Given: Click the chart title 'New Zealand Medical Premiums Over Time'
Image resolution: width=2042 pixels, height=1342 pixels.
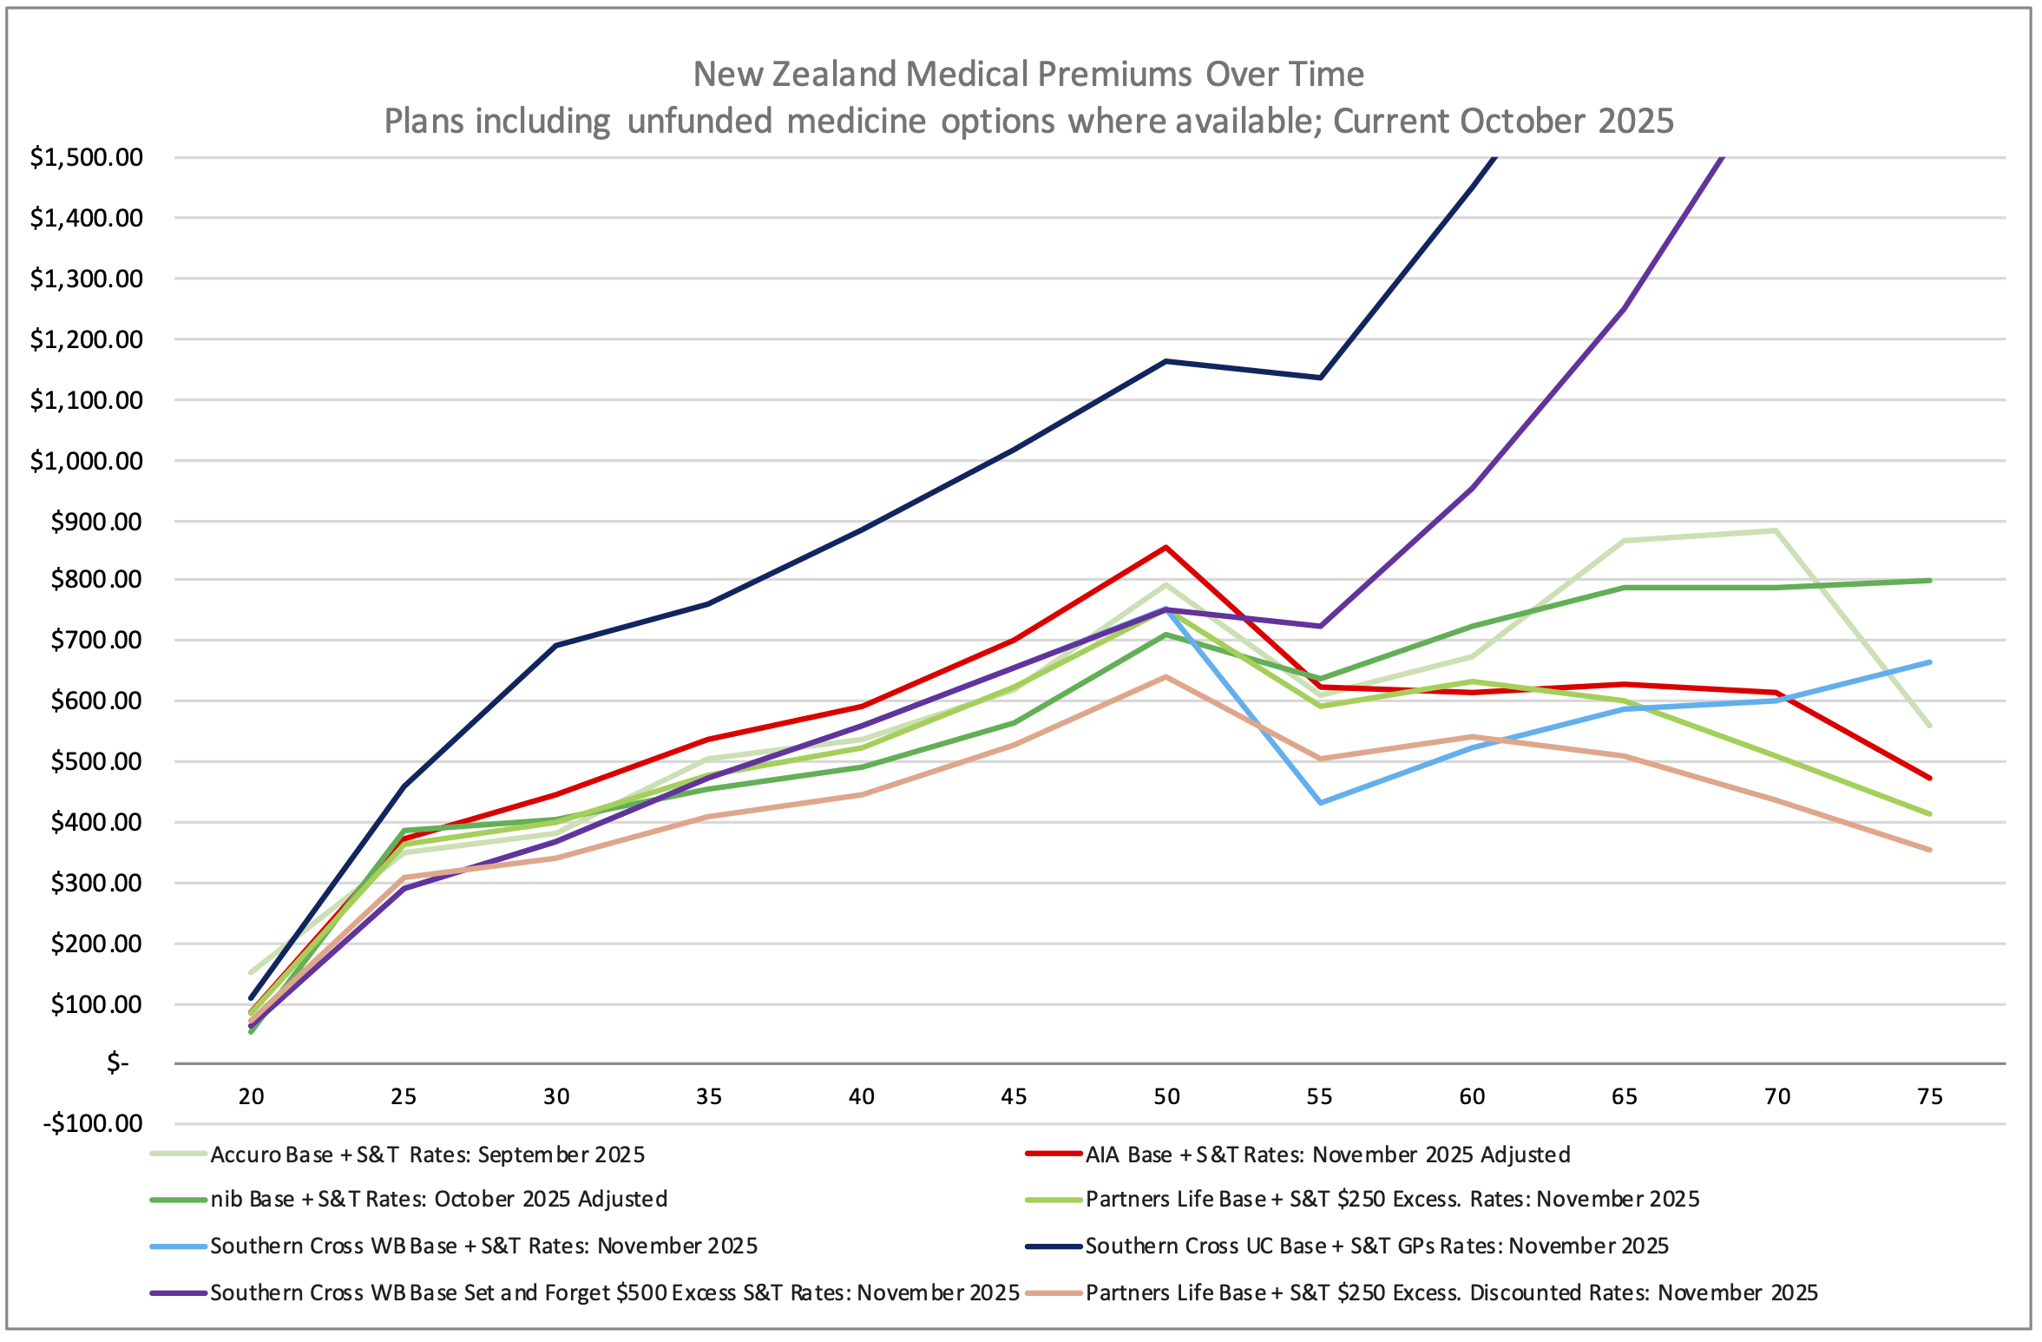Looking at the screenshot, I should [1028, 75].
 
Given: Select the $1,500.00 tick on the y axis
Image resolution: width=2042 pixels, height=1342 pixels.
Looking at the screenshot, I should [87, 157].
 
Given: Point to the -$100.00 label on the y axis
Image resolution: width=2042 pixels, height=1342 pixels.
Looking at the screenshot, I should [93, 1123].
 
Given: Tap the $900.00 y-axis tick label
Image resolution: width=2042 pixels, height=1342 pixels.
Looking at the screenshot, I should [96, 522].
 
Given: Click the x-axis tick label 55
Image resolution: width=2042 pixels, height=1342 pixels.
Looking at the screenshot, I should [1319, 1096].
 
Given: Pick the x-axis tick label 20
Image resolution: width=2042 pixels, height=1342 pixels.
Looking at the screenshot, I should [252, 1096].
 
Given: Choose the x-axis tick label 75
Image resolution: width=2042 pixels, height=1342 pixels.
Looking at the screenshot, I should [1929, 1096].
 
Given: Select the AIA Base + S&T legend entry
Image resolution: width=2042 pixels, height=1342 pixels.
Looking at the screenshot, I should [1327, 1155].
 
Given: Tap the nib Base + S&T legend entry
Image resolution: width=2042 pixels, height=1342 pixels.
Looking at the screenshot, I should [438, 1199].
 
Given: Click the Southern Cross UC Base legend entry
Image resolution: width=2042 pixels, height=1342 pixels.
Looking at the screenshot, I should [1376, 1246].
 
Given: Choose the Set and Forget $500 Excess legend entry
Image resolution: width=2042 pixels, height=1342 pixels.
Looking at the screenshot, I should [614, 1293].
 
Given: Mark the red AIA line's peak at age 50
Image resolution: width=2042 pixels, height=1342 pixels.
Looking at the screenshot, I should [1166, 547].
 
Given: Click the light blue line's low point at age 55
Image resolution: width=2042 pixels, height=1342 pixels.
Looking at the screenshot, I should [1320, 803].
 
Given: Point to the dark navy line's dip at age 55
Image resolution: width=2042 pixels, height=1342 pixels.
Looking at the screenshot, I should [1320, 378].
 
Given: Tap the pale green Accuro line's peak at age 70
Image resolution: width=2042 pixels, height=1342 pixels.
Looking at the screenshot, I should [1776, 530].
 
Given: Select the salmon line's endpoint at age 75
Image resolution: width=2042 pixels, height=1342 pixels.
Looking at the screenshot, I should [1929, 850].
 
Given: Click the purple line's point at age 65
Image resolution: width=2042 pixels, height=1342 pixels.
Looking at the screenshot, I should [1624, 307].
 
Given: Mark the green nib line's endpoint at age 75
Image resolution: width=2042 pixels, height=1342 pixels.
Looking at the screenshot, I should [1929, 580].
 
